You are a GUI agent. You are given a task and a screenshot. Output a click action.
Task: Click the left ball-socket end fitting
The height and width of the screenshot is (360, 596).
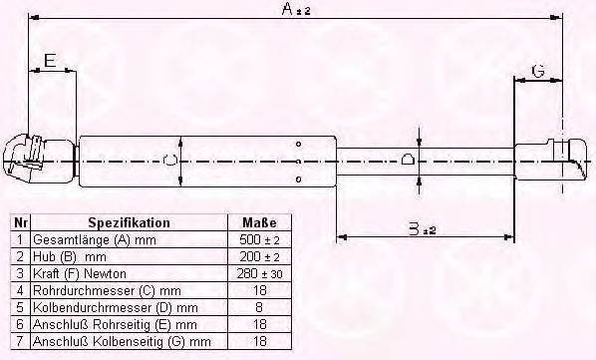(x=30, y=159)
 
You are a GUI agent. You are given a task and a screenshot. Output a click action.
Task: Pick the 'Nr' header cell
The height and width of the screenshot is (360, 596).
(x=20, y=222)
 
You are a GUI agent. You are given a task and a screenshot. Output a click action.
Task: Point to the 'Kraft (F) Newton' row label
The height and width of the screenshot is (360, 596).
(x=81, y=274)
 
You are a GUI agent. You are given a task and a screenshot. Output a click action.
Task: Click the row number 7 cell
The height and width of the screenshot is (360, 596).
(x=20, y=342)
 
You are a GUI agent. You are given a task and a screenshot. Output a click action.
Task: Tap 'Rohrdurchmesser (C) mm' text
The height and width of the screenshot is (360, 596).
(x=99, y=291)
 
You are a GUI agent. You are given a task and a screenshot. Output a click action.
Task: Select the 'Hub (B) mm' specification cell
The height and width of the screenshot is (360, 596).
(x=69, y=257)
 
